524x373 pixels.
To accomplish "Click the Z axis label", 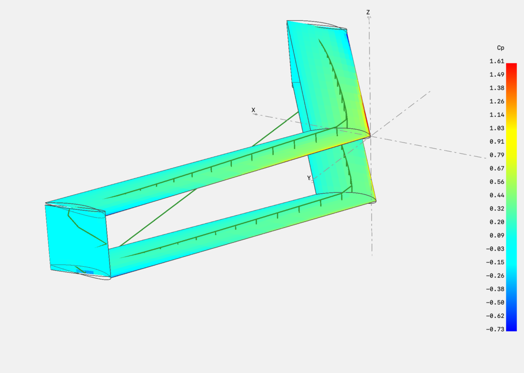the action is point(368,12).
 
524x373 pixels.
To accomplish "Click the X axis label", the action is point(253,110).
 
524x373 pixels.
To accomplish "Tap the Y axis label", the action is point(309,178).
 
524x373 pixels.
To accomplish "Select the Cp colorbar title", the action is point(500,48).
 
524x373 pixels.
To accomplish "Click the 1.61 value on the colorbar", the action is point(496,61).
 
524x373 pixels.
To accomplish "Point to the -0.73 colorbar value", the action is point(495,329).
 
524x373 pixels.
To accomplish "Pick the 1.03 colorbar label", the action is point(496,128).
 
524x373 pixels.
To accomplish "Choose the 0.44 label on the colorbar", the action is point(496,195).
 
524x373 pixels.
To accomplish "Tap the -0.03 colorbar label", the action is point(495,249).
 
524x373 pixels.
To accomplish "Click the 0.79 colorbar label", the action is point(496,155).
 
